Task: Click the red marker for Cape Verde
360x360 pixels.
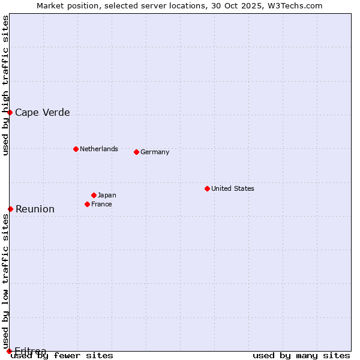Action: (x=10, y=112)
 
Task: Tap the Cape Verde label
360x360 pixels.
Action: (x=43, y=113)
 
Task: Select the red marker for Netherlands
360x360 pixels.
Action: (x=76, y=149)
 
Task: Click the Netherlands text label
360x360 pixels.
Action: (x=99, y=149)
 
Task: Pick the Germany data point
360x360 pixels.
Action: (x=136, y=152)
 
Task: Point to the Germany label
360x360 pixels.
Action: (x=155, y=152)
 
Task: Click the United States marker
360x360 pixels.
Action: (x=207, y=188)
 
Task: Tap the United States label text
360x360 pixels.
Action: (x=233, y=188)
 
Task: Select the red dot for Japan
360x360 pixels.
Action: (x=94, y=195)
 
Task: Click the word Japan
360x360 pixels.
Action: (x=107, y=195)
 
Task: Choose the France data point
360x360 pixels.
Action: (x=87, y=204)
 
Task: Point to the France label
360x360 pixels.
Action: (x=101, y=204)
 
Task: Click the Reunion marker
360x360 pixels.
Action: (x=10, y=209)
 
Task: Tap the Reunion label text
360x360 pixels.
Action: (x=35, y=209)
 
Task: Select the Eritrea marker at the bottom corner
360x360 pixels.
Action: (x=9, y=351)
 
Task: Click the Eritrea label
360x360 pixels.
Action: (x=31, y=351)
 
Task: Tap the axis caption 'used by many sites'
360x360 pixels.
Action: (x=301, y=356)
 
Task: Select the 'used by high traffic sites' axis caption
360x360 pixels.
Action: (x=5, y=85)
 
